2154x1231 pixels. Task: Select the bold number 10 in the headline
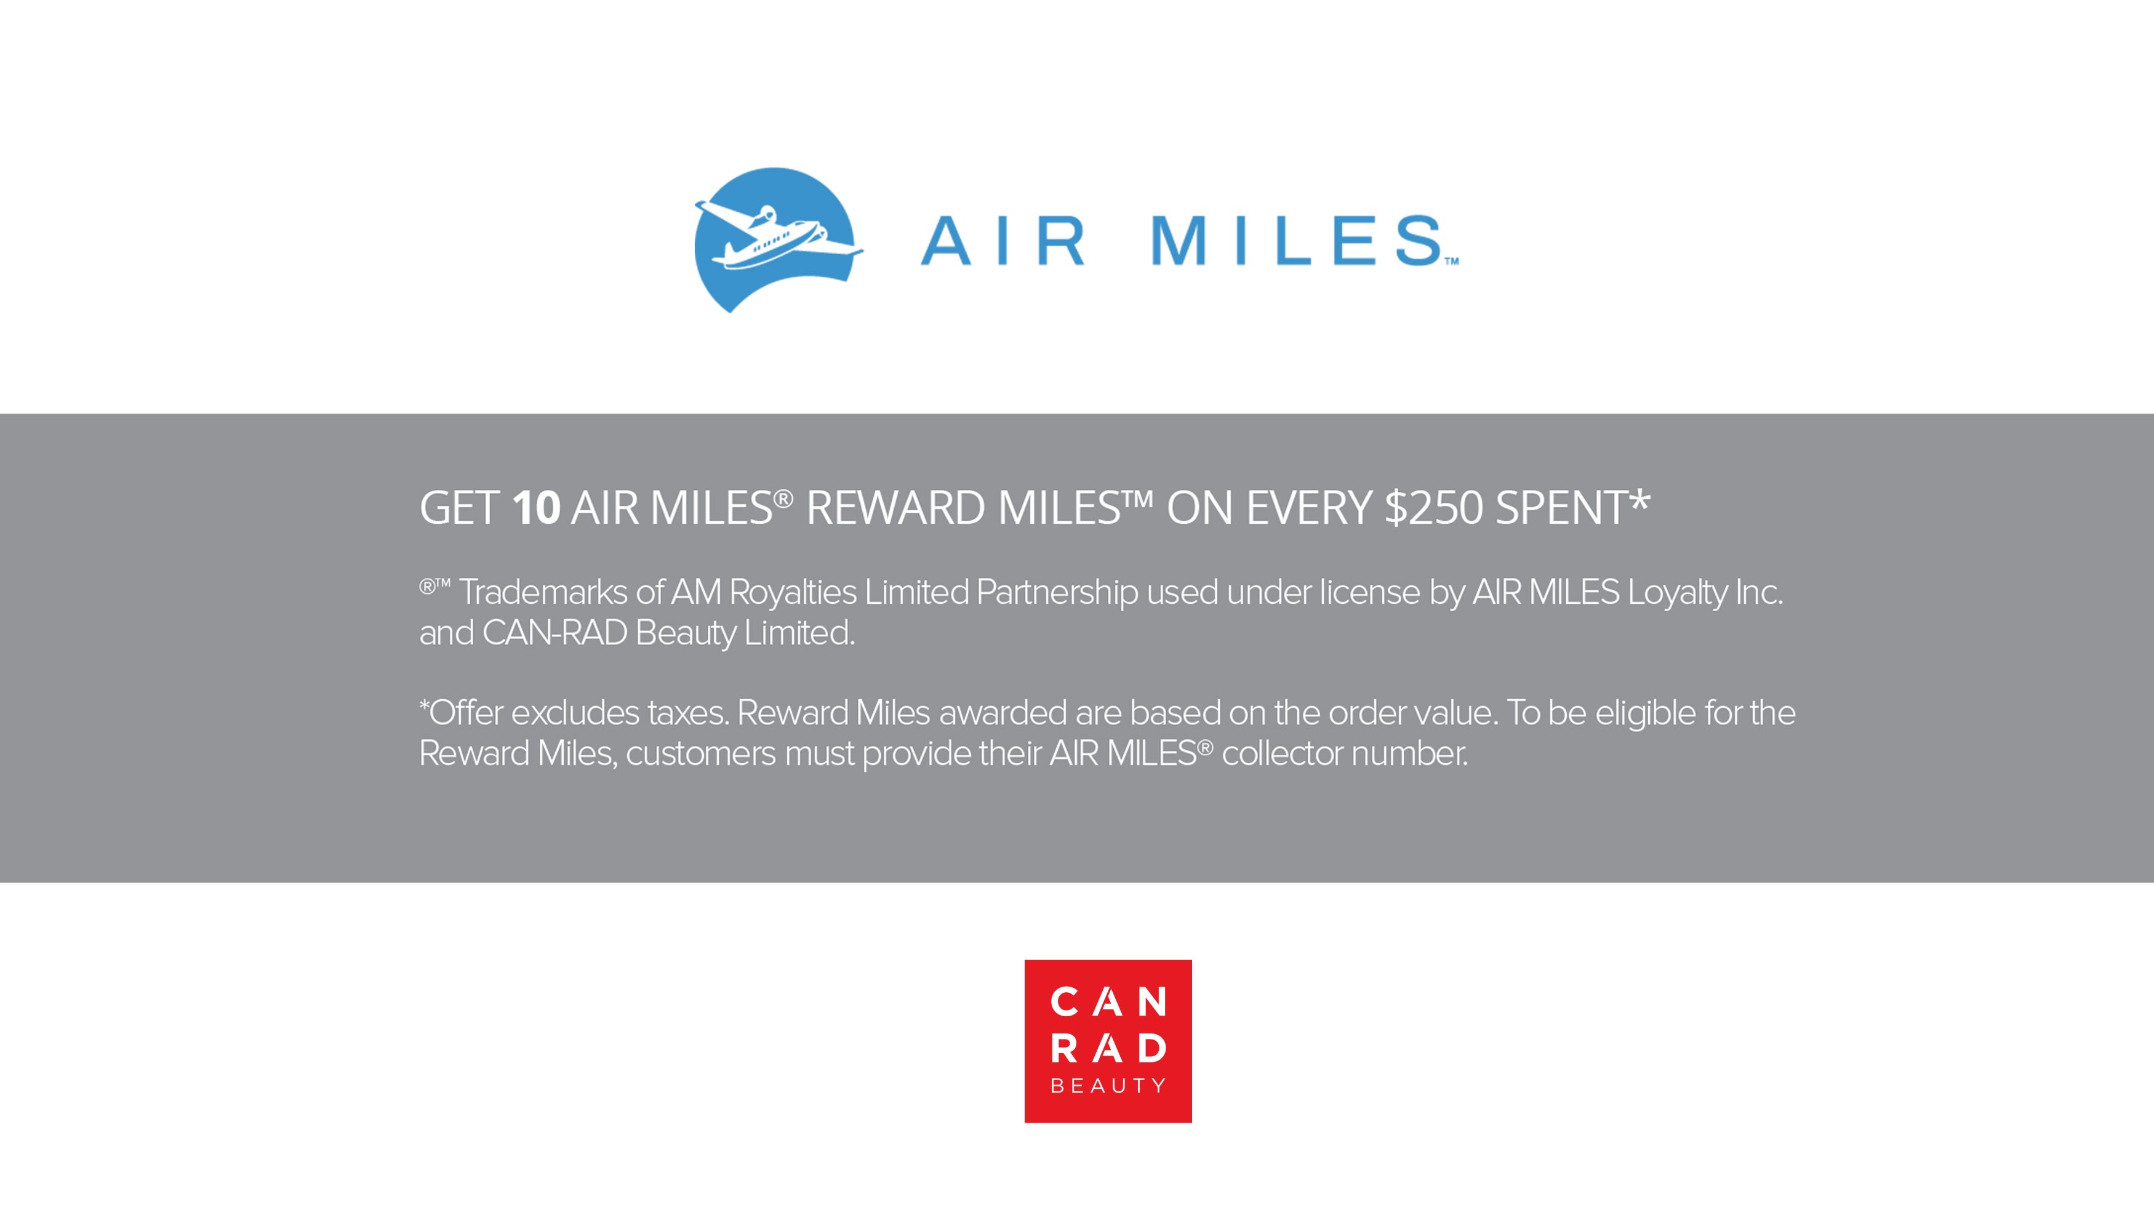coord(536,508)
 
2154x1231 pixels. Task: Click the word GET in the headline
coord(460,508)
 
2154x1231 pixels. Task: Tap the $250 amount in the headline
coord(1434,508)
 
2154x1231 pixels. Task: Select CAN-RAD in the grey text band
coord(555,633)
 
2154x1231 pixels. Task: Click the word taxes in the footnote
coord(688,713)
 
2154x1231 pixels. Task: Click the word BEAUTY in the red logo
coord(1108,1086)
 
